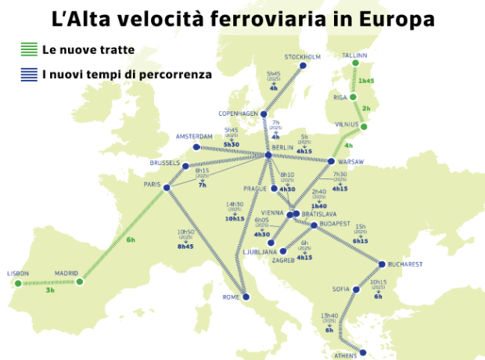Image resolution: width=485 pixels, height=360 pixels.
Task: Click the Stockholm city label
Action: click(302, 57)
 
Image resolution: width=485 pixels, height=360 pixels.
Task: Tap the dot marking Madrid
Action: click(79, 281)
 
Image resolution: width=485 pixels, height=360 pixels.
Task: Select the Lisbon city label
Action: click(17, 273)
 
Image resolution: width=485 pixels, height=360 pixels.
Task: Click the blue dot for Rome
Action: click(246, 297)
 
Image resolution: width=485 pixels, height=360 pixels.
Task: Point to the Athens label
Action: click(345, 355)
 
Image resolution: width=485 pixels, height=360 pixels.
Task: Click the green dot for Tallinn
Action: click(356, 63)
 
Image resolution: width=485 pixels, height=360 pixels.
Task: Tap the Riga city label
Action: click(339, 97)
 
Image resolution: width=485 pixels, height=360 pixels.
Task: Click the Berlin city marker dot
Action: click(268, 155)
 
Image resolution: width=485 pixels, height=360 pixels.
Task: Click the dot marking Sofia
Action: click(355, 290)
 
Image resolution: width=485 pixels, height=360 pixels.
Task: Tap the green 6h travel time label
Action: click(131, 239)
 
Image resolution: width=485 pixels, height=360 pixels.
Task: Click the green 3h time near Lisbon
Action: click(50, 290)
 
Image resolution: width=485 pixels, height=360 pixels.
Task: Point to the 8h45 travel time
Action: click(185, 247)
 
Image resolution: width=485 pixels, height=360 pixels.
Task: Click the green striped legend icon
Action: click(29, 50)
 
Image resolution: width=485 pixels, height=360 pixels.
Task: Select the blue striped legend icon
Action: click(29, 75)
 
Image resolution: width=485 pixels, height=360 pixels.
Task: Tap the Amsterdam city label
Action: click(194, 136)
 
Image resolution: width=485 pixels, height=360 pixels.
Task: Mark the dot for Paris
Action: click(167, 185)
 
